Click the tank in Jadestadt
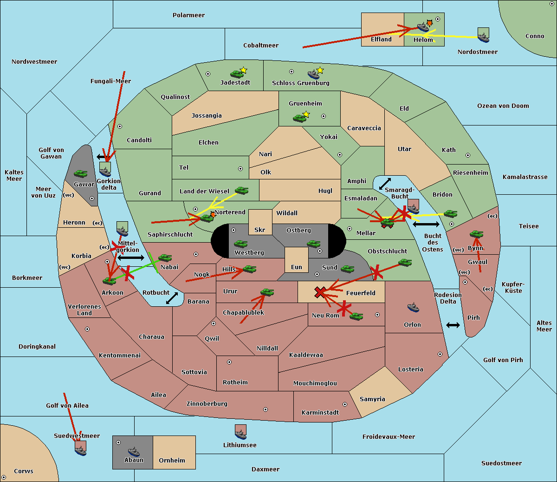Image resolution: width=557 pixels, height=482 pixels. (237, 74)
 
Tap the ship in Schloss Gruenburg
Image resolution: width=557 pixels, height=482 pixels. (313, 74)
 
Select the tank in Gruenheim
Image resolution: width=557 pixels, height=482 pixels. (300, 118)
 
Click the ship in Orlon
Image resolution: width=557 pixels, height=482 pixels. (413, 307)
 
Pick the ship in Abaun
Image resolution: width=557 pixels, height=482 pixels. (134, 452)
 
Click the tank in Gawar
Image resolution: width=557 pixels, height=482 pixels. (81, 173)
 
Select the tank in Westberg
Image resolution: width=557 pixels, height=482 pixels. (240, 244)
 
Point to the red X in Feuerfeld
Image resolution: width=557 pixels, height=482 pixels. (320, 292)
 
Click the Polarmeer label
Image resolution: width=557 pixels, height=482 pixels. (188, 15)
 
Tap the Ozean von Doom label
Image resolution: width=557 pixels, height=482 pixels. (503, 106)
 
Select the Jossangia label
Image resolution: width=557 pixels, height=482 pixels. (207, 116)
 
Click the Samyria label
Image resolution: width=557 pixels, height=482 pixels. (372, 399)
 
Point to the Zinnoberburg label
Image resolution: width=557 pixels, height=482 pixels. (207, 403)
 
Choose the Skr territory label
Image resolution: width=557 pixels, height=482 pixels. (260, 230)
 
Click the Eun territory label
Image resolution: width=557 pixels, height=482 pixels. (297, 267)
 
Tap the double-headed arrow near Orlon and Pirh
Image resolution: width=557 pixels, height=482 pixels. (453, 325)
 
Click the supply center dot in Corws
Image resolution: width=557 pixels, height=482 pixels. (4, 477)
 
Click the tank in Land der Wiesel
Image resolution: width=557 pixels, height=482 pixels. (242, 190)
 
